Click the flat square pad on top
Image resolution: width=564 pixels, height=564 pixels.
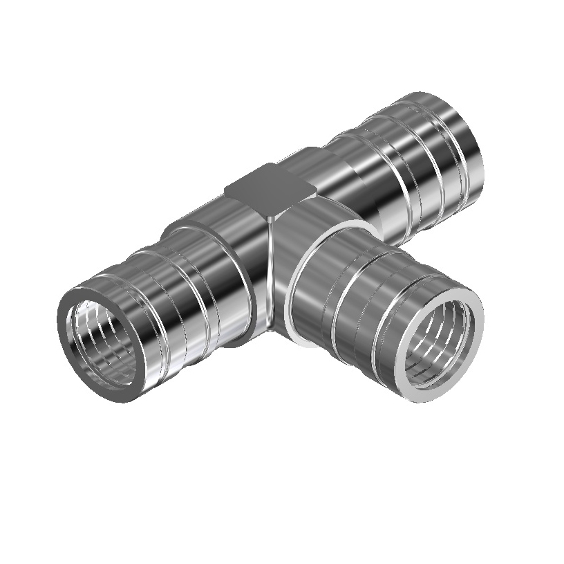pos(265,188)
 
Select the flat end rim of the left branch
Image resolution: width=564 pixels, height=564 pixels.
pos(69,360)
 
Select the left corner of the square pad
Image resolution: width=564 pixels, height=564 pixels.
pos(227,188)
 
